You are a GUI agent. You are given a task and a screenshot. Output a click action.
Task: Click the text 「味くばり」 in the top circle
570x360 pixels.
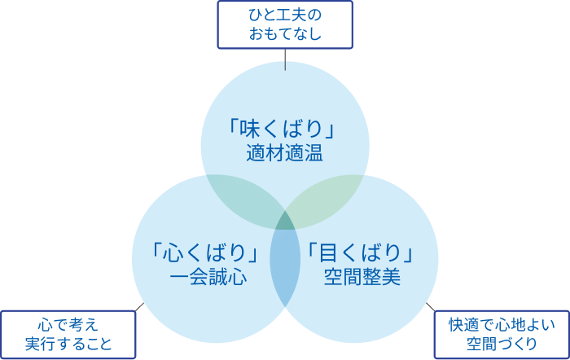(x=284, y=130)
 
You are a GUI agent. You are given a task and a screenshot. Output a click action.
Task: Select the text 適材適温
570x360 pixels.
(x=284, y=153)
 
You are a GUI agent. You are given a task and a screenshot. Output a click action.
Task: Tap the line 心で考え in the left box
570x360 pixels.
(x=68, y=324)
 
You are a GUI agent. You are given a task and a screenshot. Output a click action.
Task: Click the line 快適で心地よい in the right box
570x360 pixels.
(x=501, y=324)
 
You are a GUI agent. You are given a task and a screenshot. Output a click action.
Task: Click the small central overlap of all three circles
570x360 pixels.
(x=285, y=221)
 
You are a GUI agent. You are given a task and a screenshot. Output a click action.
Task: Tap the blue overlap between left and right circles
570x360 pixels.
(x=285, y=265)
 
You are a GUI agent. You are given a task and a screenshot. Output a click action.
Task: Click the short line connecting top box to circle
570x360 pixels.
(x=285, y=60)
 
